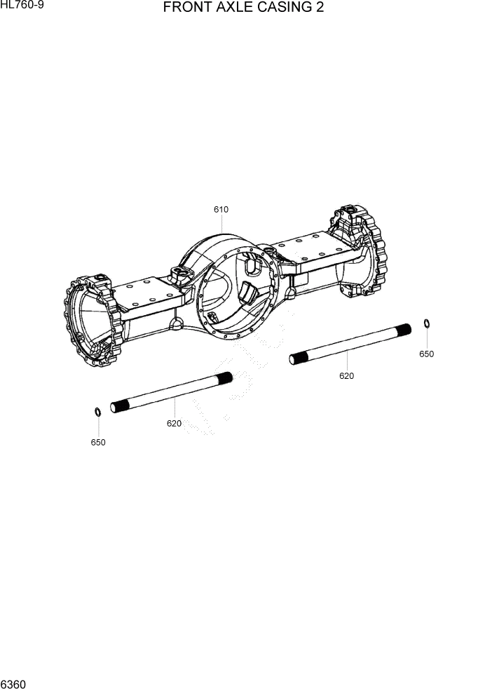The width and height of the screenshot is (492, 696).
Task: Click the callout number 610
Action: pos(221,209)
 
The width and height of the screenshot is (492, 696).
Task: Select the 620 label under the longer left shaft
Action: pos(174,423)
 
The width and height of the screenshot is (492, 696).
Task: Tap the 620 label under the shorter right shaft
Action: pos(346,375)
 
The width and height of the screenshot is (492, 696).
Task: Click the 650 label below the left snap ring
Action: pos(98,442)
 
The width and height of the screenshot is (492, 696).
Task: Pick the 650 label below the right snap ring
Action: pos(426,354)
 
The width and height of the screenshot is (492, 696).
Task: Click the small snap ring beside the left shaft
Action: pos(98,411)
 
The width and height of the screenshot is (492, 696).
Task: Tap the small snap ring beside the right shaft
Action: pos(426,323)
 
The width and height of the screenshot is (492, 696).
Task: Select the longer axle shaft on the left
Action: pos(172,393)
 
